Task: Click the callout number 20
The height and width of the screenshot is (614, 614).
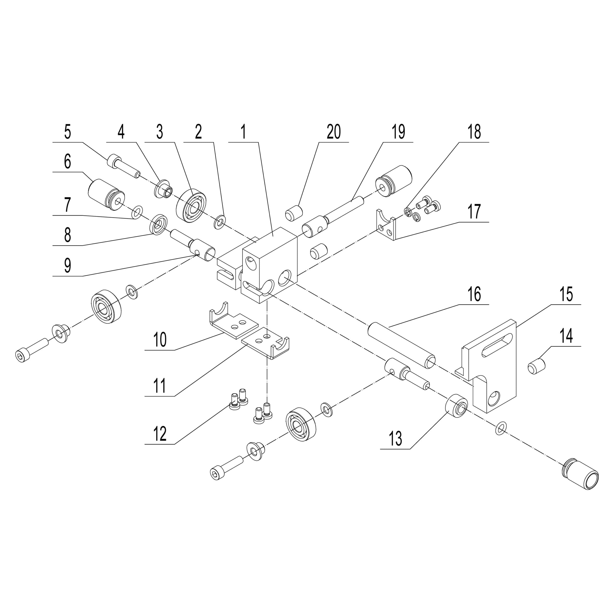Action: (x=334, y=132)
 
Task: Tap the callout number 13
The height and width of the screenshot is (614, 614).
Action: (x=395, y=439)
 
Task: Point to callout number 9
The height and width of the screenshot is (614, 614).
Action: (x=67, y=266)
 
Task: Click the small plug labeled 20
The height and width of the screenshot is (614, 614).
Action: (x=294, y=213)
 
